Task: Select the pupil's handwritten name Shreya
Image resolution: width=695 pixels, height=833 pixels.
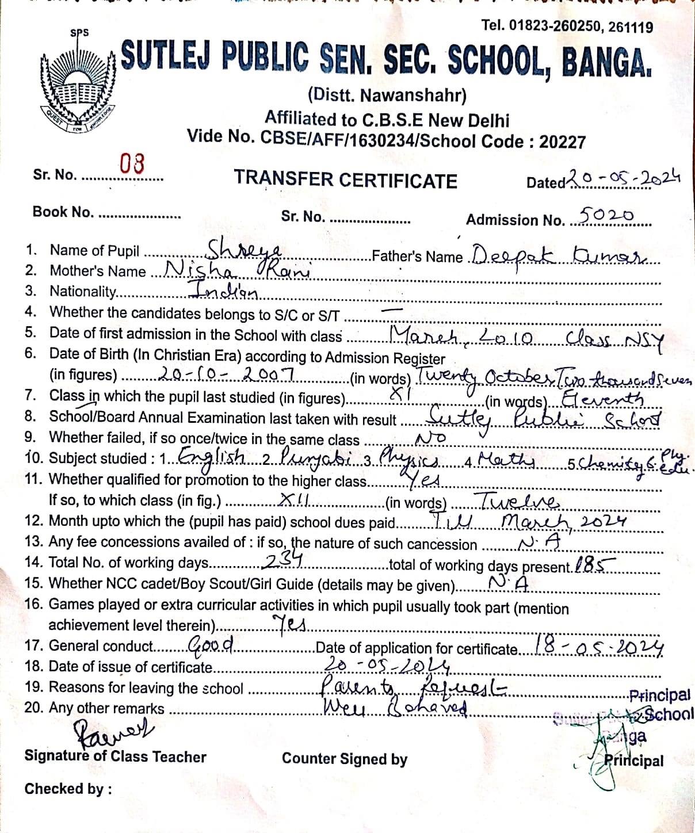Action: (x=244, y=250)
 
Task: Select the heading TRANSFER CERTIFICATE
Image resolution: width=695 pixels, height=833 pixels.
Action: (x=345, y=180)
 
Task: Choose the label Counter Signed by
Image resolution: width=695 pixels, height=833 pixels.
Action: (x=344, y=759)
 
